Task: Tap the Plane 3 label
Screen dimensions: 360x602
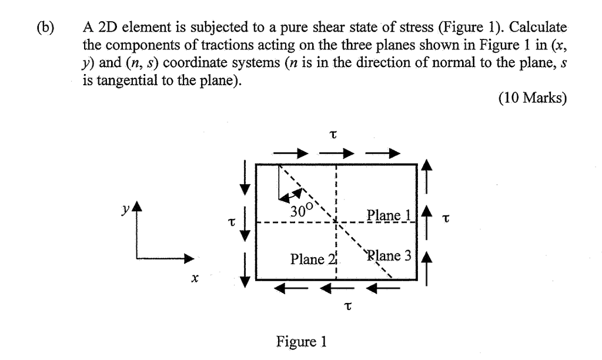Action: click(390, 256)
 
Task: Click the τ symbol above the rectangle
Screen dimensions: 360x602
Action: click(333, 135)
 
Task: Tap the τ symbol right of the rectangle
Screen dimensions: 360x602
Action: click(446, 219)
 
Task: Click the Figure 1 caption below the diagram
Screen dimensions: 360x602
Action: click(302, 341)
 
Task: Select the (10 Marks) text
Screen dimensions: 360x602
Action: click(533, 98)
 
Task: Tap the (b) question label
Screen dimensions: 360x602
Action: click(43, 28)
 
